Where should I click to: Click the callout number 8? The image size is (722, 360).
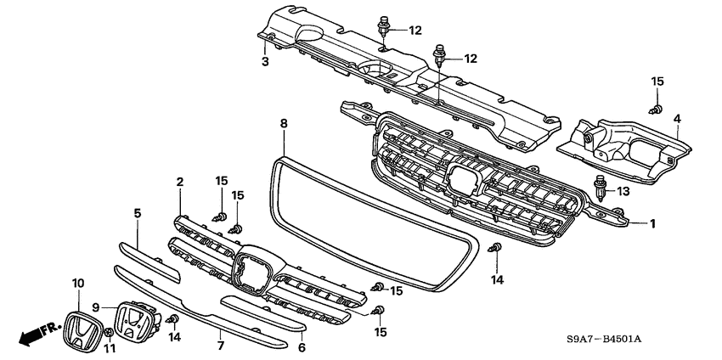[x=284, y=124]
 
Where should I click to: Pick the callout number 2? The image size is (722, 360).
[x=180, y=182]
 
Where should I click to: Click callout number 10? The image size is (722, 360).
[x=77, y=283]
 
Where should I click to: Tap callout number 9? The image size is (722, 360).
[x=96, y=307]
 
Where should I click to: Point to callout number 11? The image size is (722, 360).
[x=110, y=349]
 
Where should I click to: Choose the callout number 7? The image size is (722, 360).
[x=220, y=346]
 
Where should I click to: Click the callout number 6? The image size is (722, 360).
[x=302, y=346]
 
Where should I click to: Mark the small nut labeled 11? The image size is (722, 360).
[x=109, y=334]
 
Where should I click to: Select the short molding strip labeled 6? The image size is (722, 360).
[x=262, y=313]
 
